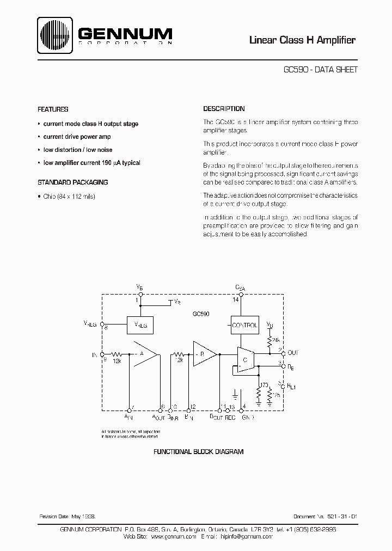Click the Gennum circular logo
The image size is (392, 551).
(56, 36)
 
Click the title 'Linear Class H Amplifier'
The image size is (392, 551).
(302, 40)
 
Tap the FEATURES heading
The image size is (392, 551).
(53, 109)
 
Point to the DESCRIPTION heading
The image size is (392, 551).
(224, 109)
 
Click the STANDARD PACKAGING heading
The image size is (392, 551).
(72, 182)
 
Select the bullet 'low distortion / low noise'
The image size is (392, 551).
(78, 150)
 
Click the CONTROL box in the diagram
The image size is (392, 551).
(244, 325)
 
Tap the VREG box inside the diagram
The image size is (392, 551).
(140, 326)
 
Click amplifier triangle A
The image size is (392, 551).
(143, 353)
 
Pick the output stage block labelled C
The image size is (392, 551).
(246, 360)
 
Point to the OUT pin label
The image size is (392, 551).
(292, 352)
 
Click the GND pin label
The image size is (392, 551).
(248, 418)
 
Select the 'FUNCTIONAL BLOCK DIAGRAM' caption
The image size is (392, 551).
(198, 452)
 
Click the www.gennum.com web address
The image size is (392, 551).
(173, 536)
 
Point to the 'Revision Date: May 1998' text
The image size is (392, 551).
(68, 515)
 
